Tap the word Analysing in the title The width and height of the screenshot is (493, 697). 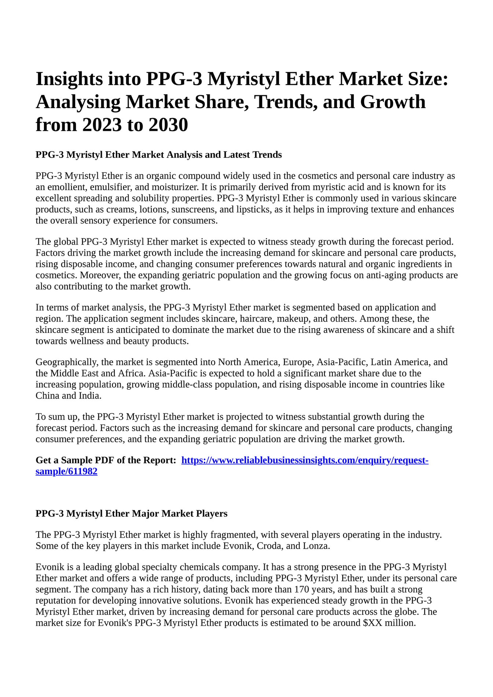[x=78, y=102]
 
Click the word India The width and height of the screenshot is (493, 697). [x=89, y=396]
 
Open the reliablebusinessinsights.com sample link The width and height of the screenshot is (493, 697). [x=305, y=460]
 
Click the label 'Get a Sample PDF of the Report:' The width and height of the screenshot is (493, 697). [x=106, y=460]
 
